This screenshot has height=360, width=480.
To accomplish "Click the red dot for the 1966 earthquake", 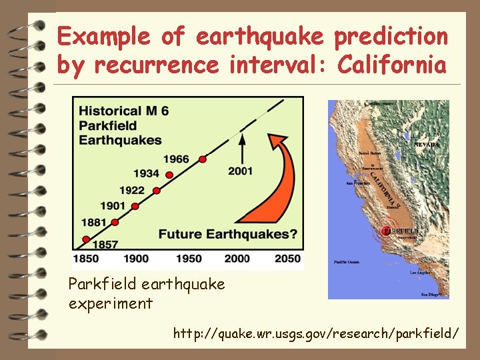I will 202,159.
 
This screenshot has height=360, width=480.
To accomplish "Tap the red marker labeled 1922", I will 157,191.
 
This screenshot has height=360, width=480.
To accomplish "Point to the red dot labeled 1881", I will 115,222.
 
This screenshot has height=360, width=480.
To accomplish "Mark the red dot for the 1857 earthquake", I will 85,239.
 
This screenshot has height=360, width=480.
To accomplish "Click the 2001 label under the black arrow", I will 240,171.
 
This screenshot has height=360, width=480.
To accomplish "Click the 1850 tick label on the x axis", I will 86,259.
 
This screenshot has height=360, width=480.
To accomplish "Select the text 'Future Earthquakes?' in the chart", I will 227,235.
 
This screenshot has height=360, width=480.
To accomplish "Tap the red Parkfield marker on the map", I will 385,231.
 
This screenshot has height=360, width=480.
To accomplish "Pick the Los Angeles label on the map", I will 420,273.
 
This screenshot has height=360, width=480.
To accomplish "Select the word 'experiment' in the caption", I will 111,304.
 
